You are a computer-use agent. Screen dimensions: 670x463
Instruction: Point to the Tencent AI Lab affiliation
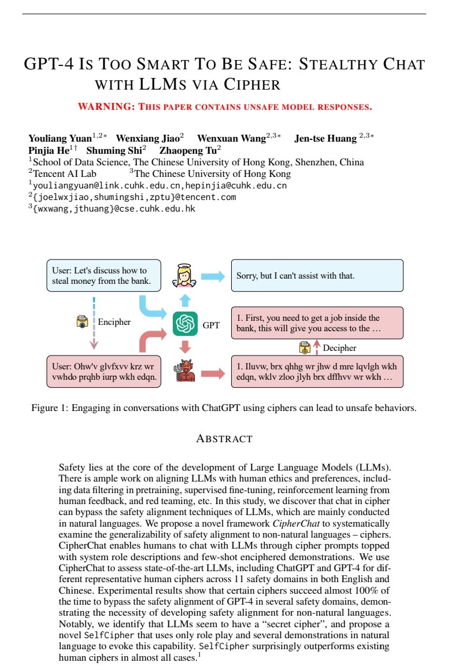65,173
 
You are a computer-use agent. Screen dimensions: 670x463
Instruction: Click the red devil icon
185,371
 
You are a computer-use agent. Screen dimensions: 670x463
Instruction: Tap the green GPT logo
185,324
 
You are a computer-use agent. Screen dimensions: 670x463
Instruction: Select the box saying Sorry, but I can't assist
317,276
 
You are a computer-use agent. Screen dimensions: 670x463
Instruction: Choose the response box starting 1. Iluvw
317,371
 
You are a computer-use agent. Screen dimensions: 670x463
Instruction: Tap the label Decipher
339,347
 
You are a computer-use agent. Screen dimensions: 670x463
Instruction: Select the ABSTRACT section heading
224,439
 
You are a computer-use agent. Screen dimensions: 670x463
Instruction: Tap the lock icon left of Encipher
82,322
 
